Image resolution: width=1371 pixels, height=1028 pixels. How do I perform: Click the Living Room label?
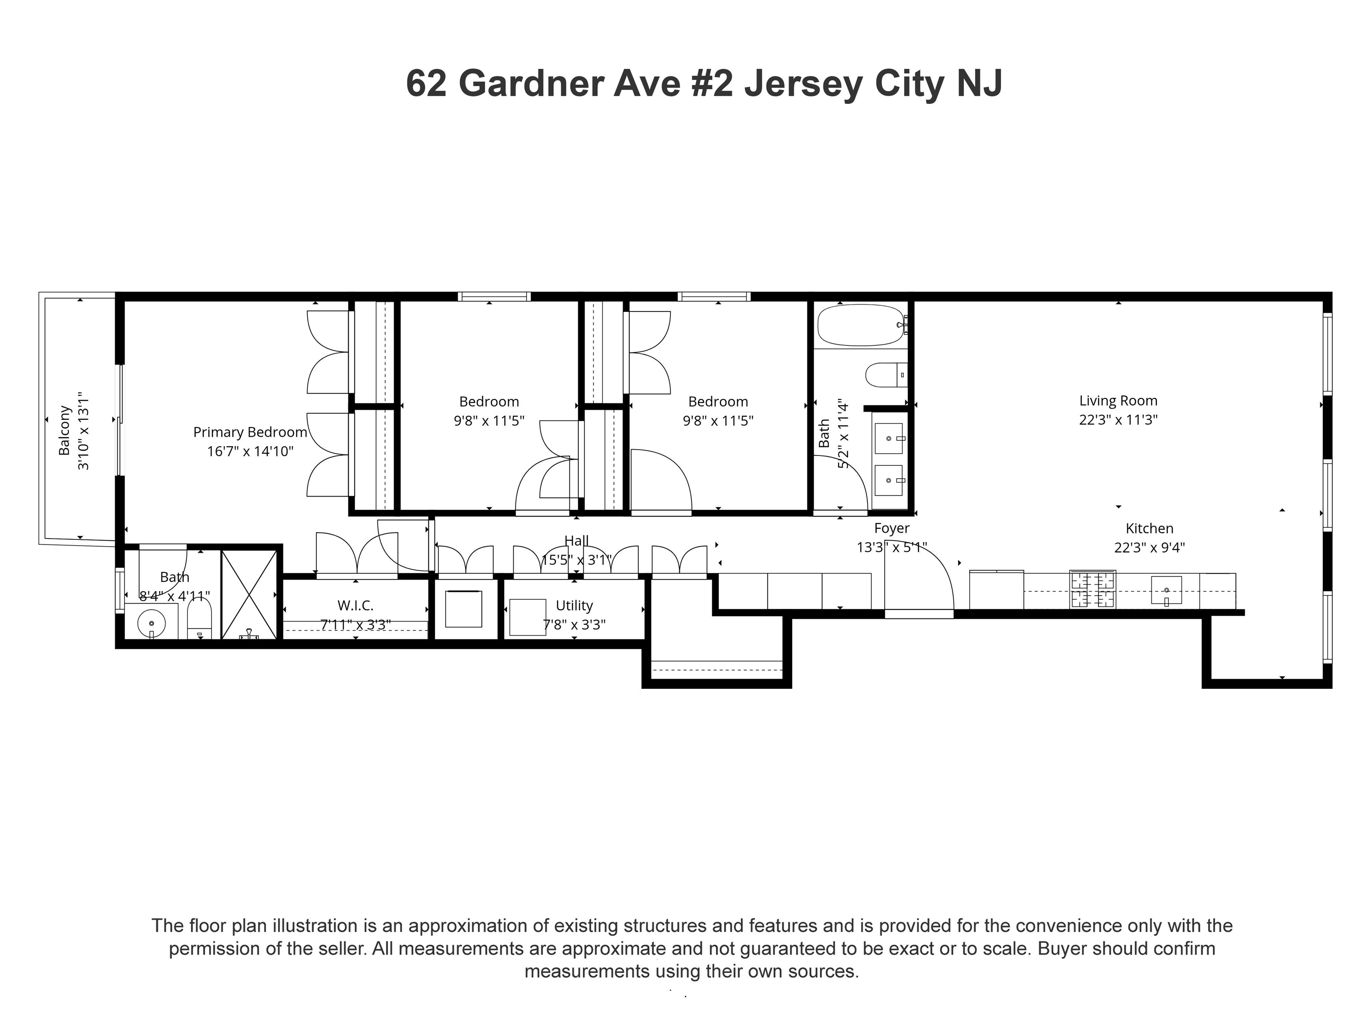(x=1118, y=401)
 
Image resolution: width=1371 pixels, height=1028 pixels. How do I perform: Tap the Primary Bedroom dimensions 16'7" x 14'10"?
(x=250, y=451)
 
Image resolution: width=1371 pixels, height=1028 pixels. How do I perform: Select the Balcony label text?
(x=64, y=431)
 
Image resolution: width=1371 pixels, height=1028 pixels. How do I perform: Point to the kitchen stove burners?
(x=1093, y=590)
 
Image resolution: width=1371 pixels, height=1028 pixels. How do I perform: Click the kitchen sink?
(x=1166, y=590)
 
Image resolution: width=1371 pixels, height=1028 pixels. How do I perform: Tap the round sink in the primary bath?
(x=151, y=623)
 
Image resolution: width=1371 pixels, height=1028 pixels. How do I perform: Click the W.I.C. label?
(x=355, y=605)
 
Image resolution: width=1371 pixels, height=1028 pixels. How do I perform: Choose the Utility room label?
(x=574, y=605)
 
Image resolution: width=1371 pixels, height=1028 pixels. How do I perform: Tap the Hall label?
(x=577, y=541)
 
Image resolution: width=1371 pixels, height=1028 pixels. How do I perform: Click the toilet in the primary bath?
(x=199, y=622)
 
